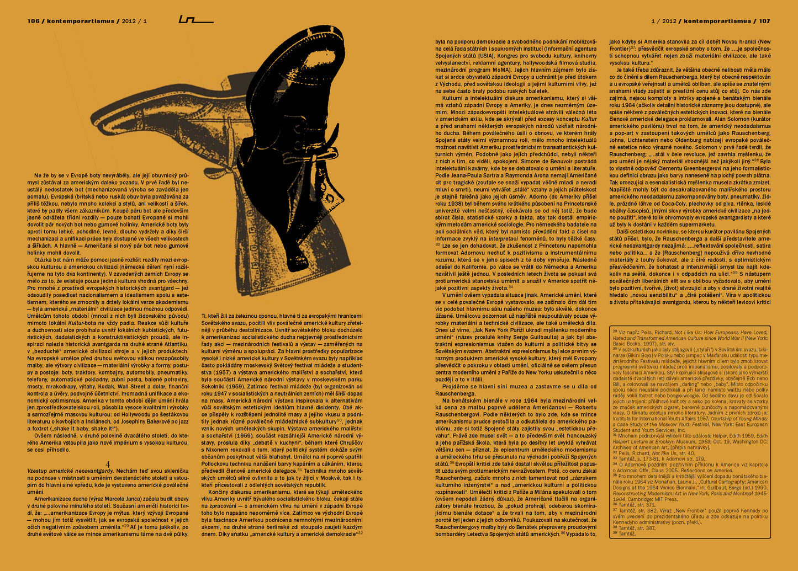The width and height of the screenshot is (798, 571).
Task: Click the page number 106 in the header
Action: [33, 21]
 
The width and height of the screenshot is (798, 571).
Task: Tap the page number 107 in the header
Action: [764, 21]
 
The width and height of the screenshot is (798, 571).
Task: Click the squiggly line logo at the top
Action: [195, 20]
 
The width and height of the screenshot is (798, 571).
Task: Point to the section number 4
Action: [108, 464]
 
